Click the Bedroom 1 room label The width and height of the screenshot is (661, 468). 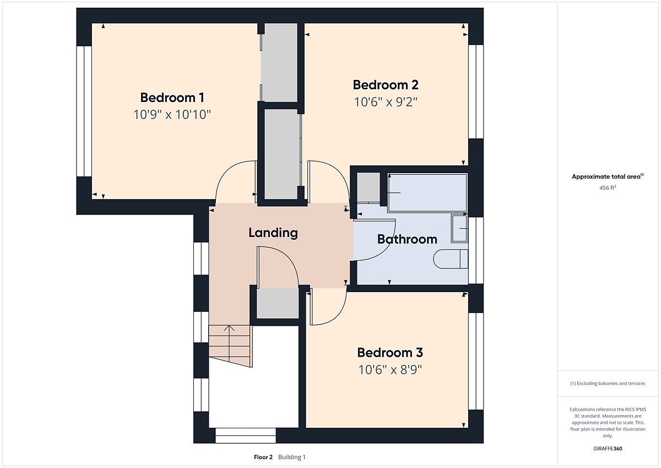[172, 98]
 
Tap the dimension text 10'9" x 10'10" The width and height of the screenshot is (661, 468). [172, 115]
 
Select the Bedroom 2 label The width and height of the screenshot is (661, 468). [386, 85]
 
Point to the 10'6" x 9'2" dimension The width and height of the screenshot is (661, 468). [386, 102]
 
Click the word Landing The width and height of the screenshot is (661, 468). [273, 233]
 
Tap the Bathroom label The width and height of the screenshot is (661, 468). [407, 239]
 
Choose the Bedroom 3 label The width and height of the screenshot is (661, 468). [390, 353]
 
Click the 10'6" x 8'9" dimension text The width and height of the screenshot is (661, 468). [390, 370]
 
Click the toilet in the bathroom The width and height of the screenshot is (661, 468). [451, 259]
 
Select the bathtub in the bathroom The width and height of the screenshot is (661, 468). [427, 192]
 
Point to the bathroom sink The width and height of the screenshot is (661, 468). [459, 229]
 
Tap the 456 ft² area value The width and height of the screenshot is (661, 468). [608, 187]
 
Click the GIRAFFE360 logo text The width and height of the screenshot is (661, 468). [608, 449]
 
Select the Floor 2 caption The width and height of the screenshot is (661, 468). [263, 457]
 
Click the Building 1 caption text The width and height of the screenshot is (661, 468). [291, 457]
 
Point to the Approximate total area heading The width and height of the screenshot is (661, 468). [608, 176]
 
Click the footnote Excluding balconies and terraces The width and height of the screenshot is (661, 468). [608, 383]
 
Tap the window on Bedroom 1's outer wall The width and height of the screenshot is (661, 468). [84, 111]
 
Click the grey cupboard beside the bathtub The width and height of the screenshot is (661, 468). [369, 187]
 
